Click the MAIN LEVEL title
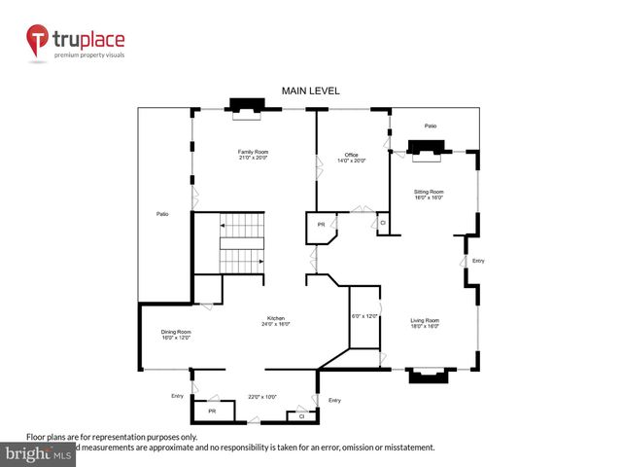pyautogui.click(x=310, y=90)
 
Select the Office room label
pyautogui.click(x=353, y=158)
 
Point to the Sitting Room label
pyautogui.click(x=429, y=195)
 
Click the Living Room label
pyautogui.click(x=425, y=323)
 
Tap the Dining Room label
pyautogui.click(x=176, y=336)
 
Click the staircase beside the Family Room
pyautogui.click(x=242, y=245)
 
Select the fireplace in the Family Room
pyautogui.click(x=244, y=107)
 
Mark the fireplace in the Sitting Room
pyautogui.click(x=427, y=147)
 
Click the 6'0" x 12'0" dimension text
pyautogui.click(x=363, y=315)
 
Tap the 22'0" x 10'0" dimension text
pyautogui.click(x=262, y=396)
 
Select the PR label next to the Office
pyautogui.click(x=321, y=226)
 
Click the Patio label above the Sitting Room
pyautogui.click(x=430, y=126)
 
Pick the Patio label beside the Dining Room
pyautogui.click(x=162, y=213)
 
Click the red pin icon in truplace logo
pyautogui.click(x=38, y=40)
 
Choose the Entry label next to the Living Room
pyautogui.click(x=477, y=261)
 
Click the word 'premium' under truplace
pyautogui.click(x=71, y=54)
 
